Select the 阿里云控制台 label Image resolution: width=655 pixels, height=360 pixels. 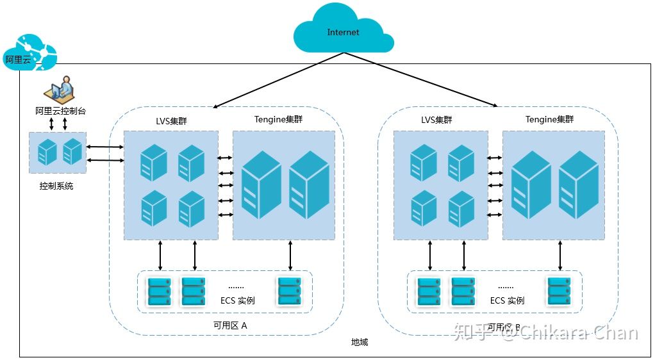pyautogui.click(x=60, y=111)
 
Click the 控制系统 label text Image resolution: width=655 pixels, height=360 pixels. pyautogui.click(x=56, y=186)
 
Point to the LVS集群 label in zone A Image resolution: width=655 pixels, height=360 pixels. pyautogui.click(x=172, y=120)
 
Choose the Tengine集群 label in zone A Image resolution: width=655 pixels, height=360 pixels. pyautogui.click(x=279, y=119)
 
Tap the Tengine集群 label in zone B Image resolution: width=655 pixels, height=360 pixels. pyautogui.click(x=549, y=119)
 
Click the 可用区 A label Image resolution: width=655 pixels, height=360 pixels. pyautogui.click(x=230, y=325)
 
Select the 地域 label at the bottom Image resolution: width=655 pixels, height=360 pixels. pyautogui.click(x=360, y=343)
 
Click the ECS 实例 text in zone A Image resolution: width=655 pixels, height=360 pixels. pyautogui.click(x=237, y=300)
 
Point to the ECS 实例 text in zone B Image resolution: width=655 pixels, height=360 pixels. pyautogui.click(x=507, y=300)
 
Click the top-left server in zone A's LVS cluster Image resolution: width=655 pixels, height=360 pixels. pyautogui.click(x=154, y=163)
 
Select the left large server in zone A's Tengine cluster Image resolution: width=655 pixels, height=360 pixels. pyautogui.click(x=261, y=184)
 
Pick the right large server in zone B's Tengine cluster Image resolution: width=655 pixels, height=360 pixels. pyautogui.click(x=578, y=184)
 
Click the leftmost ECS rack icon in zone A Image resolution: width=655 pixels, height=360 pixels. pyautogui.click(x=160, y=291)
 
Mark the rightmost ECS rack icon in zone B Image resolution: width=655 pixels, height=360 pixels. pyautogui.click(x=558, y=291)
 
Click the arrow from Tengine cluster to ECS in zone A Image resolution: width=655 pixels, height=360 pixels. pyautogui.click(x=290, y=256)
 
